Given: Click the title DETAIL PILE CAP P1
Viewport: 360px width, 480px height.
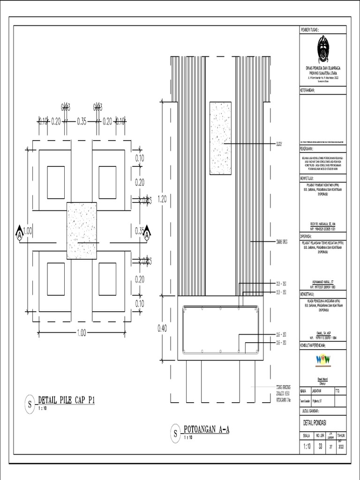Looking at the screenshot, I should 66,400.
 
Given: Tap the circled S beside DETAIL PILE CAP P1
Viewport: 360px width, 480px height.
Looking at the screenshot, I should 30,404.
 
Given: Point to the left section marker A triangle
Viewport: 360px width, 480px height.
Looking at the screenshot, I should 19,232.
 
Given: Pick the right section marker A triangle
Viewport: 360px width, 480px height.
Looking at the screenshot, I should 147,232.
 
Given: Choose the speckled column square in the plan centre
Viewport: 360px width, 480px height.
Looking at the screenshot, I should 82,231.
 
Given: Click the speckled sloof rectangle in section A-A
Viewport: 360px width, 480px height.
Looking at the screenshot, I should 220,138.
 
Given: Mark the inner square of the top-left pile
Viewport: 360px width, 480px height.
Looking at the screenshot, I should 56,182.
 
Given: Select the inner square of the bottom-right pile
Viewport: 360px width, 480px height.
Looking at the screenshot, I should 107,279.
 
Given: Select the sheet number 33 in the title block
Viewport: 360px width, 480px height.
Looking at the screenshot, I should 320,446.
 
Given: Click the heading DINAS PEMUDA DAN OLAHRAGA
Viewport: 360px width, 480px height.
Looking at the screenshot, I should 322,68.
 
